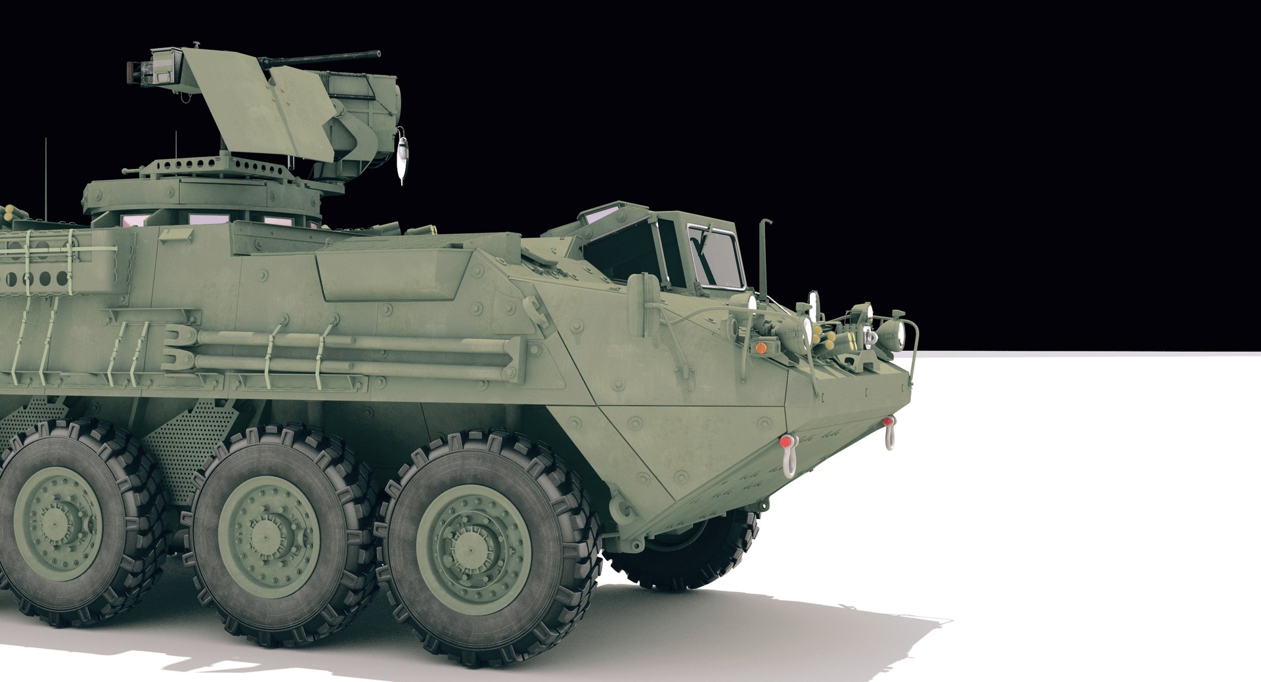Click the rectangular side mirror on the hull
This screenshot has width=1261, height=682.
tap(636, 292)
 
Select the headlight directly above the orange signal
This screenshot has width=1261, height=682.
tap(749, 303)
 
